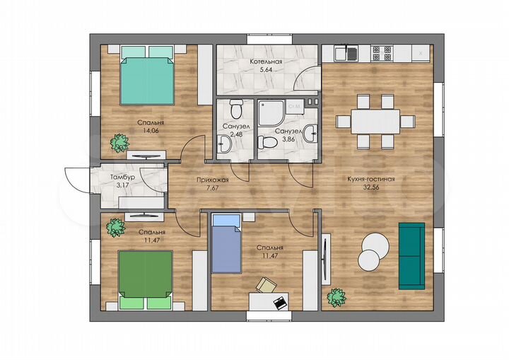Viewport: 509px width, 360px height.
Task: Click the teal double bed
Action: click(x=147, y=76)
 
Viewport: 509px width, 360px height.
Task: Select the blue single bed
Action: click(x=227, y=244)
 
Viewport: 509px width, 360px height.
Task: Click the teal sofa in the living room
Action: click(x=411, y=256)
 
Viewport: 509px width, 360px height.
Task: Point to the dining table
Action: click(x=375, y=122)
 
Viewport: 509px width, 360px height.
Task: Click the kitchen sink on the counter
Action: click(x=346, y=54)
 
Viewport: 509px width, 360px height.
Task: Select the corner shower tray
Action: click(x=271, y=113)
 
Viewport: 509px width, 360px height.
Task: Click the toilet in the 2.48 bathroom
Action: click(x=236, y=109)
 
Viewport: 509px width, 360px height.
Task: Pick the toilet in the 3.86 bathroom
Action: click(x=267, y=142)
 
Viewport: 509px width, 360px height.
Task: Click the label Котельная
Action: click(x=266, y=62)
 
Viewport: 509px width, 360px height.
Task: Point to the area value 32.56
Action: click(x=371, y=187)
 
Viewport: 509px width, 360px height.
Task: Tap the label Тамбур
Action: click(x=122, y=178)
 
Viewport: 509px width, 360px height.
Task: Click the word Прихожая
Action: click(x=213, y=180)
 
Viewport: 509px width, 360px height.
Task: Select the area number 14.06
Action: click(x=151, y=131)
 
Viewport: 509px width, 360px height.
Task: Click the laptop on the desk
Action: click(x=281, y=303)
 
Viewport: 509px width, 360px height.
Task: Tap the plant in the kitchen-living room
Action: click(x=337, y=298)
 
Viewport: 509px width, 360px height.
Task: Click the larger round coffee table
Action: click(x=375, y=246)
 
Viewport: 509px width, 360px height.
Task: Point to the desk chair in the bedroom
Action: click(x=267, y=285)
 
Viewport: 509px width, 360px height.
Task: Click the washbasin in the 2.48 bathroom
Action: click(x=224, y=144)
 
